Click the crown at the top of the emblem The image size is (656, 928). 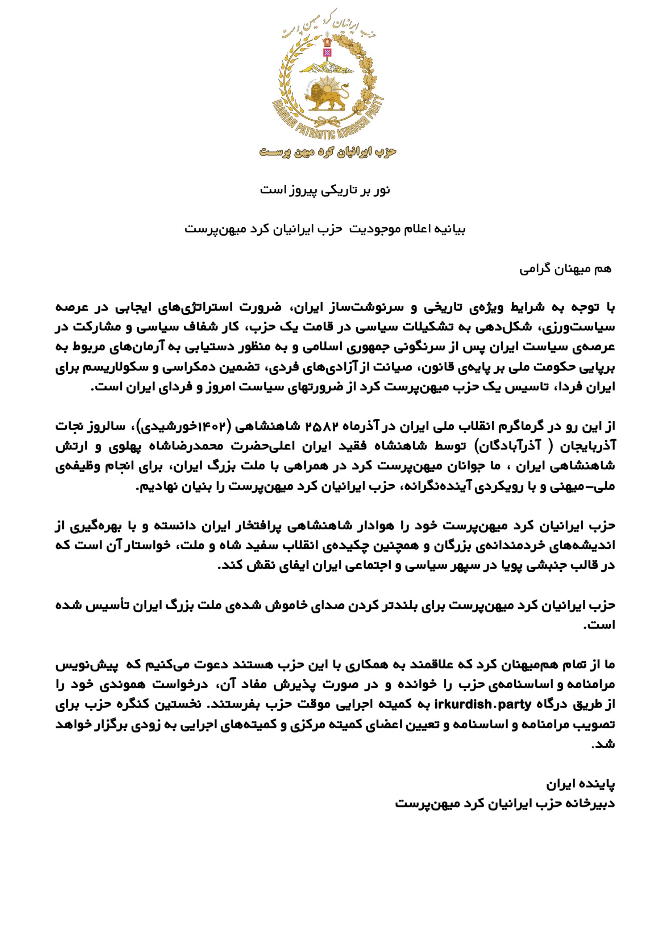coord(327,42)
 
